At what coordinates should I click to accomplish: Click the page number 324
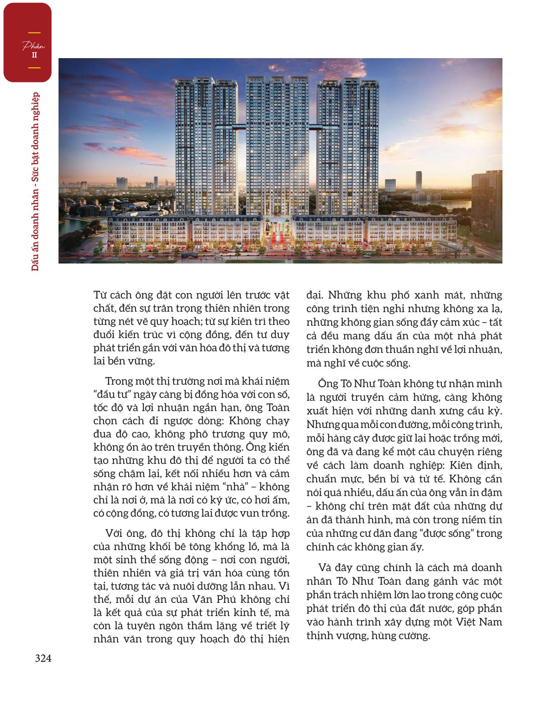point(43,659)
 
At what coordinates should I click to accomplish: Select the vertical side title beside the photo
point(36,181)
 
